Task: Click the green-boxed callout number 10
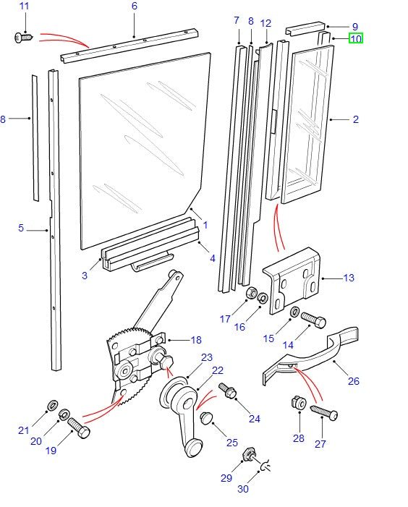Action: [355, 38]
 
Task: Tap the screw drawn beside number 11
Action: [22, 37]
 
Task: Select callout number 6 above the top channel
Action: [134, 6]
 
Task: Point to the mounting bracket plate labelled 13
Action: [293, 282]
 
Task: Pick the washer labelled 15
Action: [294, 312]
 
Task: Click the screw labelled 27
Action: [323, 412]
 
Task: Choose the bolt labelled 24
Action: [225, 390]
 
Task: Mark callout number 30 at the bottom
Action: [242, 490]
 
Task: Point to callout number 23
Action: [207, 357]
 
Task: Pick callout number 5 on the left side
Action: [21, 229]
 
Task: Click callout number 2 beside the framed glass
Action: [355, 119]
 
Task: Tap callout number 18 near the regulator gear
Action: [195, 340]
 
